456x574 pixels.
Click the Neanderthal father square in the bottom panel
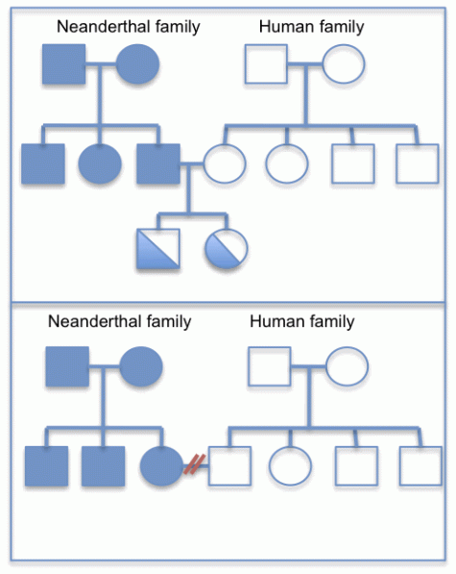(67, 365)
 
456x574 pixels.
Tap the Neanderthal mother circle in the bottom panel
(141, 365)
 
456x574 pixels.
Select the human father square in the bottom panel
(271, 365)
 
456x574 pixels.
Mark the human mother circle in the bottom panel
(346, 365)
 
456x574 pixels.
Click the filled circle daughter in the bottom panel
(161, 466)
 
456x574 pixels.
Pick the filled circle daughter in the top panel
(100, 164)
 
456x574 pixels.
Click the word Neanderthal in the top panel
(96, 27)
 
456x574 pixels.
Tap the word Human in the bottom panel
(272, 320)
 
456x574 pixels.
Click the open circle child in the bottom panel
(291, 466)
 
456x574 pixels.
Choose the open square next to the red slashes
(228, 466)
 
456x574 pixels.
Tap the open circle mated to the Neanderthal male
(223, 164)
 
